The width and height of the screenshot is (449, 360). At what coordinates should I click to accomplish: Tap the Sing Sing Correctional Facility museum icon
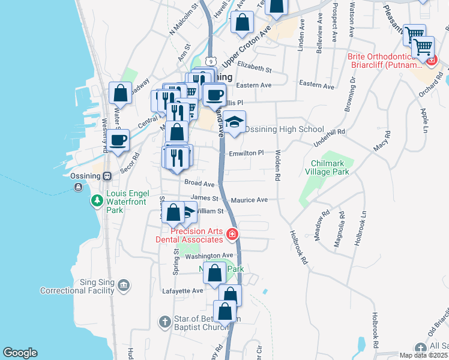(124, 284)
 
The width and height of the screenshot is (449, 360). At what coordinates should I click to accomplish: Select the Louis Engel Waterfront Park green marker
(97, 200)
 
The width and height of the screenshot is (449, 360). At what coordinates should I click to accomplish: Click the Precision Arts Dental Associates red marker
(232, 234)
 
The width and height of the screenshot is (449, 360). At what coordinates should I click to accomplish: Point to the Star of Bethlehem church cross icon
(165, 322)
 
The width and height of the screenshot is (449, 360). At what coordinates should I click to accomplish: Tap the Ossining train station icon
(107, 176)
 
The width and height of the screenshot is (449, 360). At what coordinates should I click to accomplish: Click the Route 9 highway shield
(209, 61)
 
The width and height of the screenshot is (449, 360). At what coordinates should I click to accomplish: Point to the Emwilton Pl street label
(246, 154)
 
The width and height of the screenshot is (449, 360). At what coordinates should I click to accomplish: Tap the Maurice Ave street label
(250, 200)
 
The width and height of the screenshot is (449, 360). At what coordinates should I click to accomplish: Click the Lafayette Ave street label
(183, 290)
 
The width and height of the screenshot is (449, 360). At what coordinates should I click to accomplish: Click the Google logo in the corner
(20, 353)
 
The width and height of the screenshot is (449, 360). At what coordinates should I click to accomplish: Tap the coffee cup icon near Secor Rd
(118, 140)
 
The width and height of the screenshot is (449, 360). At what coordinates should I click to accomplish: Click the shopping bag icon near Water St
(120, 93)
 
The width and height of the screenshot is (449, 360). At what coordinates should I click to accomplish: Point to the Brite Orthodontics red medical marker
(430, 59)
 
